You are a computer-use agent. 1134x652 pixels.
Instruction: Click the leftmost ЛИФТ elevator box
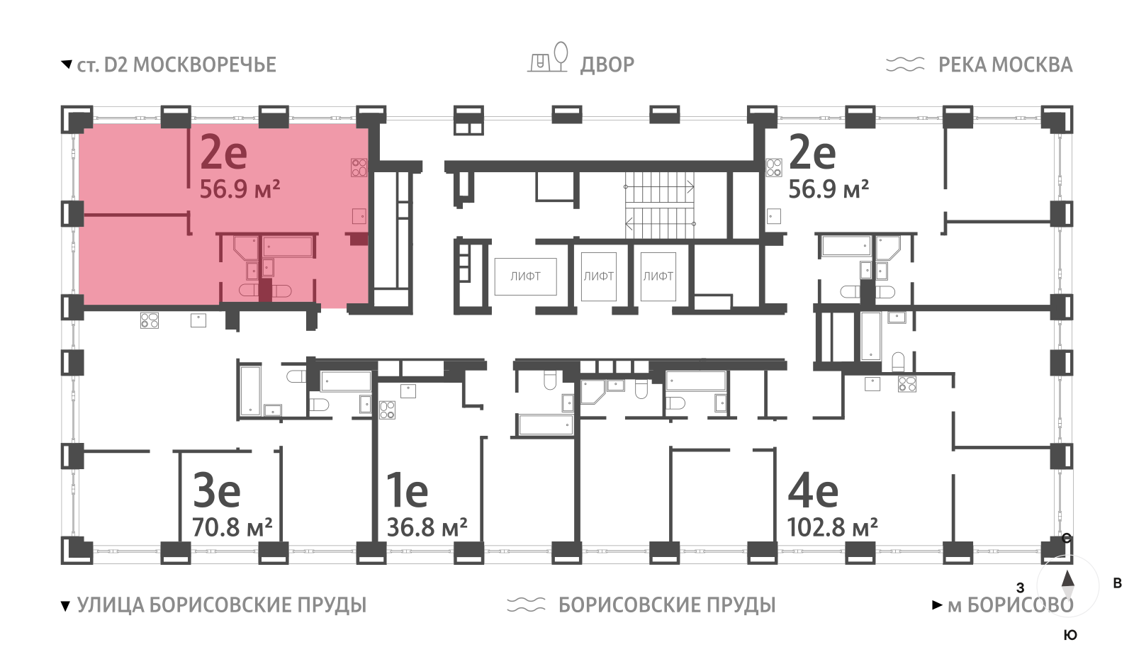coord(525,276)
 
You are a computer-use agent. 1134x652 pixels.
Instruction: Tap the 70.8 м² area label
coord(232,528)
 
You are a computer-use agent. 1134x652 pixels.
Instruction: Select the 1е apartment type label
coord(407,490)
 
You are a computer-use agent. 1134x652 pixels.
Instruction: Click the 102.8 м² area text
coord(832,528)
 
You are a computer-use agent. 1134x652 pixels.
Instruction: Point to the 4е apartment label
coord(813,490)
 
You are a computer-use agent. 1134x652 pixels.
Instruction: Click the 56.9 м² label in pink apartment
coord(240,189)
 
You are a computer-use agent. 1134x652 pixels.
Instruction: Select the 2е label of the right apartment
coord(812,152)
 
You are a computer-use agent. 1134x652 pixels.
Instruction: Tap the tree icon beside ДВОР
coord(560,55)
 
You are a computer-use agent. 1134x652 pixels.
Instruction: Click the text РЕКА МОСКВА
coord(1005,65)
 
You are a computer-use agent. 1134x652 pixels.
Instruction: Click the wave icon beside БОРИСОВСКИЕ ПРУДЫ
coord(526,605)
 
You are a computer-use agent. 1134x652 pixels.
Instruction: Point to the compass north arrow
coord(1067,580)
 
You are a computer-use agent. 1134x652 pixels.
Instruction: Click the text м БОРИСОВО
coord(1010,605)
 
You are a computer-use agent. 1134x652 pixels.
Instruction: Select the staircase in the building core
coord(659,206)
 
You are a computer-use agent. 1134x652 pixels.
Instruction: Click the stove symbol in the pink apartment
coord(359,167)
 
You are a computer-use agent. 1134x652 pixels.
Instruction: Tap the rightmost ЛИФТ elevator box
coord(658,276)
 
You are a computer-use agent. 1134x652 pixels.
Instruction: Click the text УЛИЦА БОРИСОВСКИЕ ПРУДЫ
coord(221,605)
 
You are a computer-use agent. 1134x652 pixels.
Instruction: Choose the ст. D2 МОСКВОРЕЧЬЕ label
coord(176,65)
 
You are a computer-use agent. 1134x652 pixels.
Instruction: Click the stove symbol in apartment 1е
coord(387,410)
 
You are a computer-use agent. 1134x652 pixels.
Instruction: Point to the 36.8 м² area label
coord(427,528)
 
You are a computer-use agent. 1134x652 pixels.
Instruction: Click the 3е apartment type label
coord(217,490)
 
